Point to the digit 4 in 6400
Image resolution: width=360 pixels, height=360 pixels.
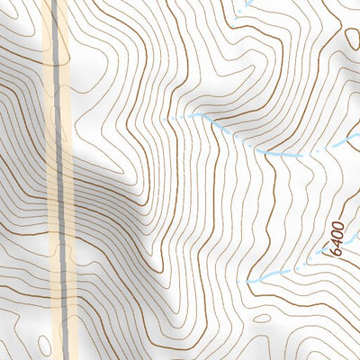pos(337,242)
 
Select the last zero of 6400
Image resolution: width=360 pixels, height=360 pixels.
pos(337,224)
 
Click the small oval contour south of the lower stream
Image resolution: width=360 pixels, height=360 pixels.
pos(262,318)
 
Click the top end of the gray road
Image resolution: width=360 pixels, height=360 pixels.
pos(57,2)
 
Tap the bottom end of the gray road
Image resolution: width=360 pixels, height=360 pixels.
pos(66,357)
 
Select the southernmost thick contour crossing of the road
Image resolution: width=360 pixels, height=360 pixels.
pos(65,297)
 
